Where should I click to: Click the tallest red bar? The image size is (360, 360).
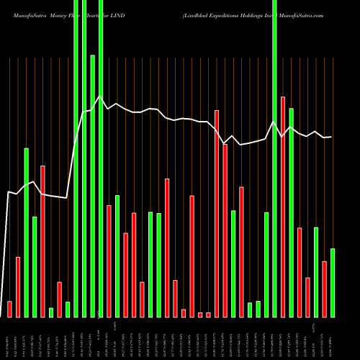click(x=283, y=207)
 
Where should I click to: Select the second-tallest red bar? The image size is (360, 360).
click(x=217, y=213)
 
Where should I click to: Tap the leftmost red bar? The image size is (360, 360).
click(x=9, y=309)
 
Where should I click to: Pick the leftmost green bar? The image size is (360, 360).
click(x=26, y=232)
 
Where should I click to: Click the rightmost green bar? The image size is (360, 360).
click(x=333, y=282)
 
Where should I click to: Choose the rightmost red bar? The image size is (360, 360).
click(x=324, y=289)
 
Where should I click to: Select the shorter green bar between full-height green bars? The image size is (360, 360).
click(x=93, y=185)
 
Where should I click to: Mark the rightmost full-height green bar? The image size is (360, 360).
click(x=274, y=158)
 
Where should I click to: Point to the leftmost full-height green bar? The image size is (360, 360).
click(x=76, y=158)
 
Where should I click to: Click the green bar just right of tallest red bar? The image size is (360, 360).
click(x=291, y=212)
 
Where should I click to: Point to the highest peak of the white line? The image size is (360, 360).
click(x=100, y=96)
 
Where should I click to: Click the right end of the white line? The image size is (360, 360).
click(x=331, y=137)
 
